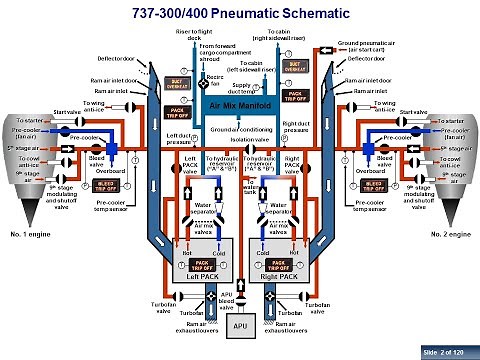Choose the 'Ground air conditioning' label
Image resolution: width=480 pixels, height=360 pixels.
(240, 130)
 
